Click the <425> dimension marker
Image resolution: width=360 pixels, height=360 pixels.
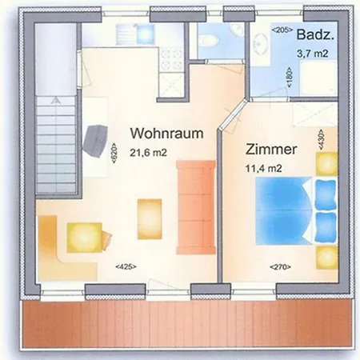(126, 266)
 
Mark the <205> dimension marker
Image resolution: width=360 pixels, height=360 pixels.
(281, 30)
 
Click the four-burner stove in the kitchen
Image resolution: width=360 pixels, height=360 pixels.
(170, 58)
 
